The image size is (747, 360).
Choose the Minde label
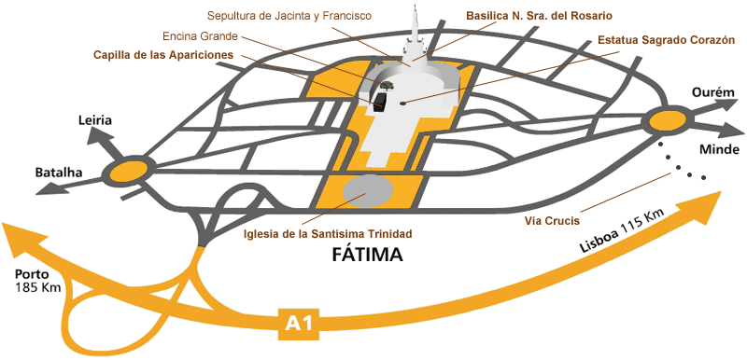[x=720, y=149]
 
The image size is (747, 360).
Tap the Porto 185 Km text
[x=38, y=281]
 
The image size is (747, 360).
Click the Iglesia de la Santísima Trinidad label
[x=327, y=233]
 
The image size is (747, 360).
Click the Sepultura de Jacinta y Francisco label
[x=289, y=16]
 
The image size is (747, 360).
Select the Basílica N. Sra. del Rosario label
[x=540, y=16]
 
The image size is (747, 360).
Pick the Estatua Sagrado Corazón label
[x=667, y=41]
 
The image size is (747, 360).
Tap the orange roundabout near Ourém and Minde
[x=667, y=119]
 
